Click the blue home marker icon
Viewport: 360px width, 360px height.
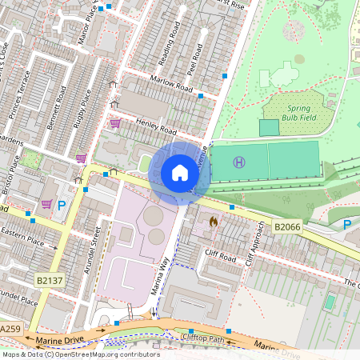click(180, 173)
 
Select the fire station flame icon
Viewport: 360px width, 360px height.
click(213, 221)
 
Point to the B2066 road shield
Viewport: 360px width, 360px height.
click(288, 227)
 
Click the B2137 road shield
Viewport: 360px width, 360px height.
click(50, 280)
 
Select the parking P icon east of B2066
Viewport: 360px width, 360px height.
click(347, 225)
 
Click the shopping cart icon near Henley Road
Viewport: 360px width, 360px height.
click(115, 123)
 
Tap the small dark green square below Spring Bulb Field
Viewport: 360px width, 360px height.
click(270, 127)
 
